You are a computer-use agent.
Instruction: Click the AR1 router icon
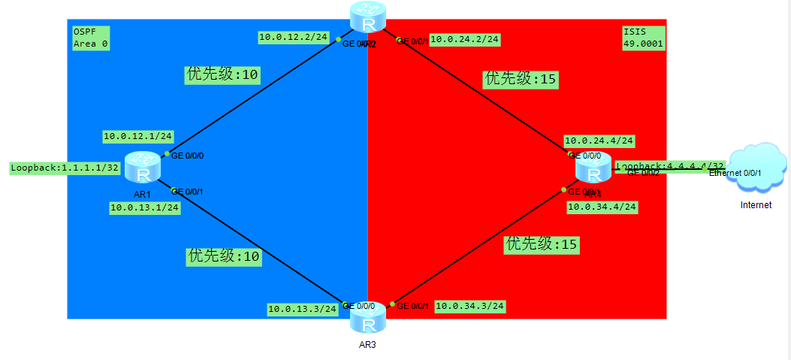(x=142, y=168)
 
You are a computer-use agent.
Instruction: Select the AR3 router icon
(x=368, y=319)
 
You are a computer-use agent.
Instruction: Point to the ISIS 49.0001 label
(x=643, y=38)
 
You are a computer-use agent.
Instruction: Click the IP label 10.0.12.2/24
(x=291, y=36)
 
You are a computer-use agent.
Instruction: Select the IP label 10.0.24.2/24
(x=465, y=39)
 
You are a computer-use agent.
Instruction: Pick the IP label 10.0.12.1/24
(x=138, y=136)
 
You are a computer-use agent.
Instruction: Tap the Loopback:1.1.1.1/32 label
(x=65, y=168)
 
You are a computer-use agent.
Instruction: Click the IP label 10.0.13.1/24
(x=144, y=207)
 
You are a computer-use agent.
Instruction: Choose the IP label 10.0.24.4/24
(x=599, y=141)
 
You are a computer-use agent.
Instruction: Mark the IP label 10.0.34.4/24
(x=602, y=207)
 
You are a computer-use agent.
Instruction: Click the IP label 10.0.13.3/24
(x=302, y=308)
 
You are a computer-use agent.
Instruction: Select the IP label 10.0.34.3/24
(x=470, y=306)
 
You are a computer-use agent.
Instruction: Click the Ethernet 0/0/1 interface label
(x=735, y=174)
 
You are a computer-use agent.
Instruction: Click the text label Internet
(x=756, y=204)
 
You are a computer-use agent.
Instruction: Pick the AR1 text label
(x=142, y=193)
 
